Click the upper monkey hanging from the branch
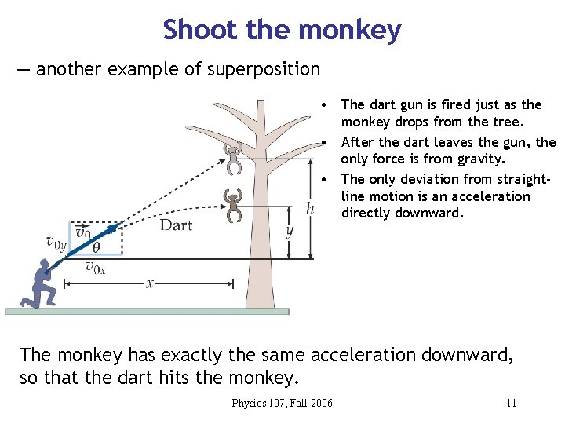pos(233,156)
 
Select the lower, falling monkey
pos(233,204)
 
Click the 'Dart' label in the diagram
pos(176,226)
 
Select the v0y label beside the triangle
pos(56,243)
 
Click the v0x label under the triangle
pos(95,269)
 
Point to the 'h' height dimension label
pos(311,208)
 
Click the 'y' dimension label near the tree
pos(290,231)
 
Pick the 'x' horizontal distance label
pos(149,283)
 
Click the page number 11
pos(511,404)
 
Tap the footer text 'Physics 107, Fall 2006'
pos(282,404)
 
